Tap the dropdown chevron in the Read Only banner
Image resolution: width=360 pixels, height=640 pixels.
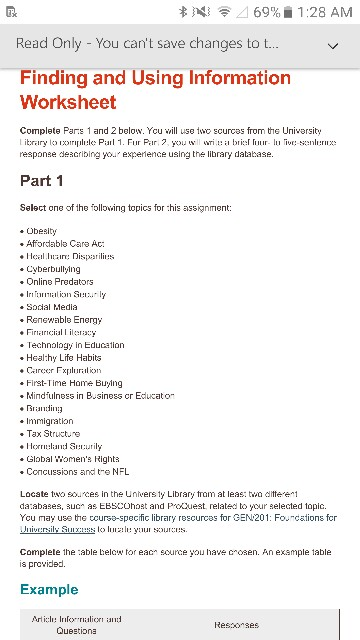[x=333, y=46]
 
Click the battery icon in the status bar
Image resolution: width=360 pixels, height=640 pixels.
[x=289, y=12]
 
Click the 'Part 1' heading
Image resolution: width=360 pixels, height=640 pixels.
[x=42, y=181]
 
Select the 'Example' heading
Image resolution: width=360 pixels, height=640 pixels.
[x=49, y=589]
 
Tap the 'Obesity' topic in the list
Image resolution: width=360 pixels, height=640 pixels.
[x=41, y=231]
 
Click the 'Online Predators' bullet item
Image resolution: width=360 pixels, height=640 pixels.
[x=60, y=282]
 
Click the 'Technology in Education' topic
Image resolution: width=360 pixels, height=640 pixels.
[x=75, y=345]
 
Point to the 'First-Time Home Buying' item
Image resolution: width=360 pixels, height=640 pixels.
[x=74, y=383]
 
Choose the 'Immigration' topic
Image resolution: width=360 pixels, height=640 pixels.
[x=51, y=421]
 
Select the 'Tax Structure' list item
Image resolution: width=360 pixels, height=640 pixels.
[x=53, y=434]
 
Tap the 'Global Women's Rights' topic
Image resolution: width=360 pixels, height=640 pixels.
[x=73, y=459]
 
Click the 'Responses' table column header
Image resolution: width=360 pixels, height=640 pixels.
[x=236, y=625]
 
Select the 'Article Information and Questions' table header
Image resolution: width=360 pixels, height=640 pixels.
[x=77, y=625]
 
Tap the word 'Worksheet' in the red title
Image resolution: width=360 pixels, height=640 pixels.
[x=68, y=102]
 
